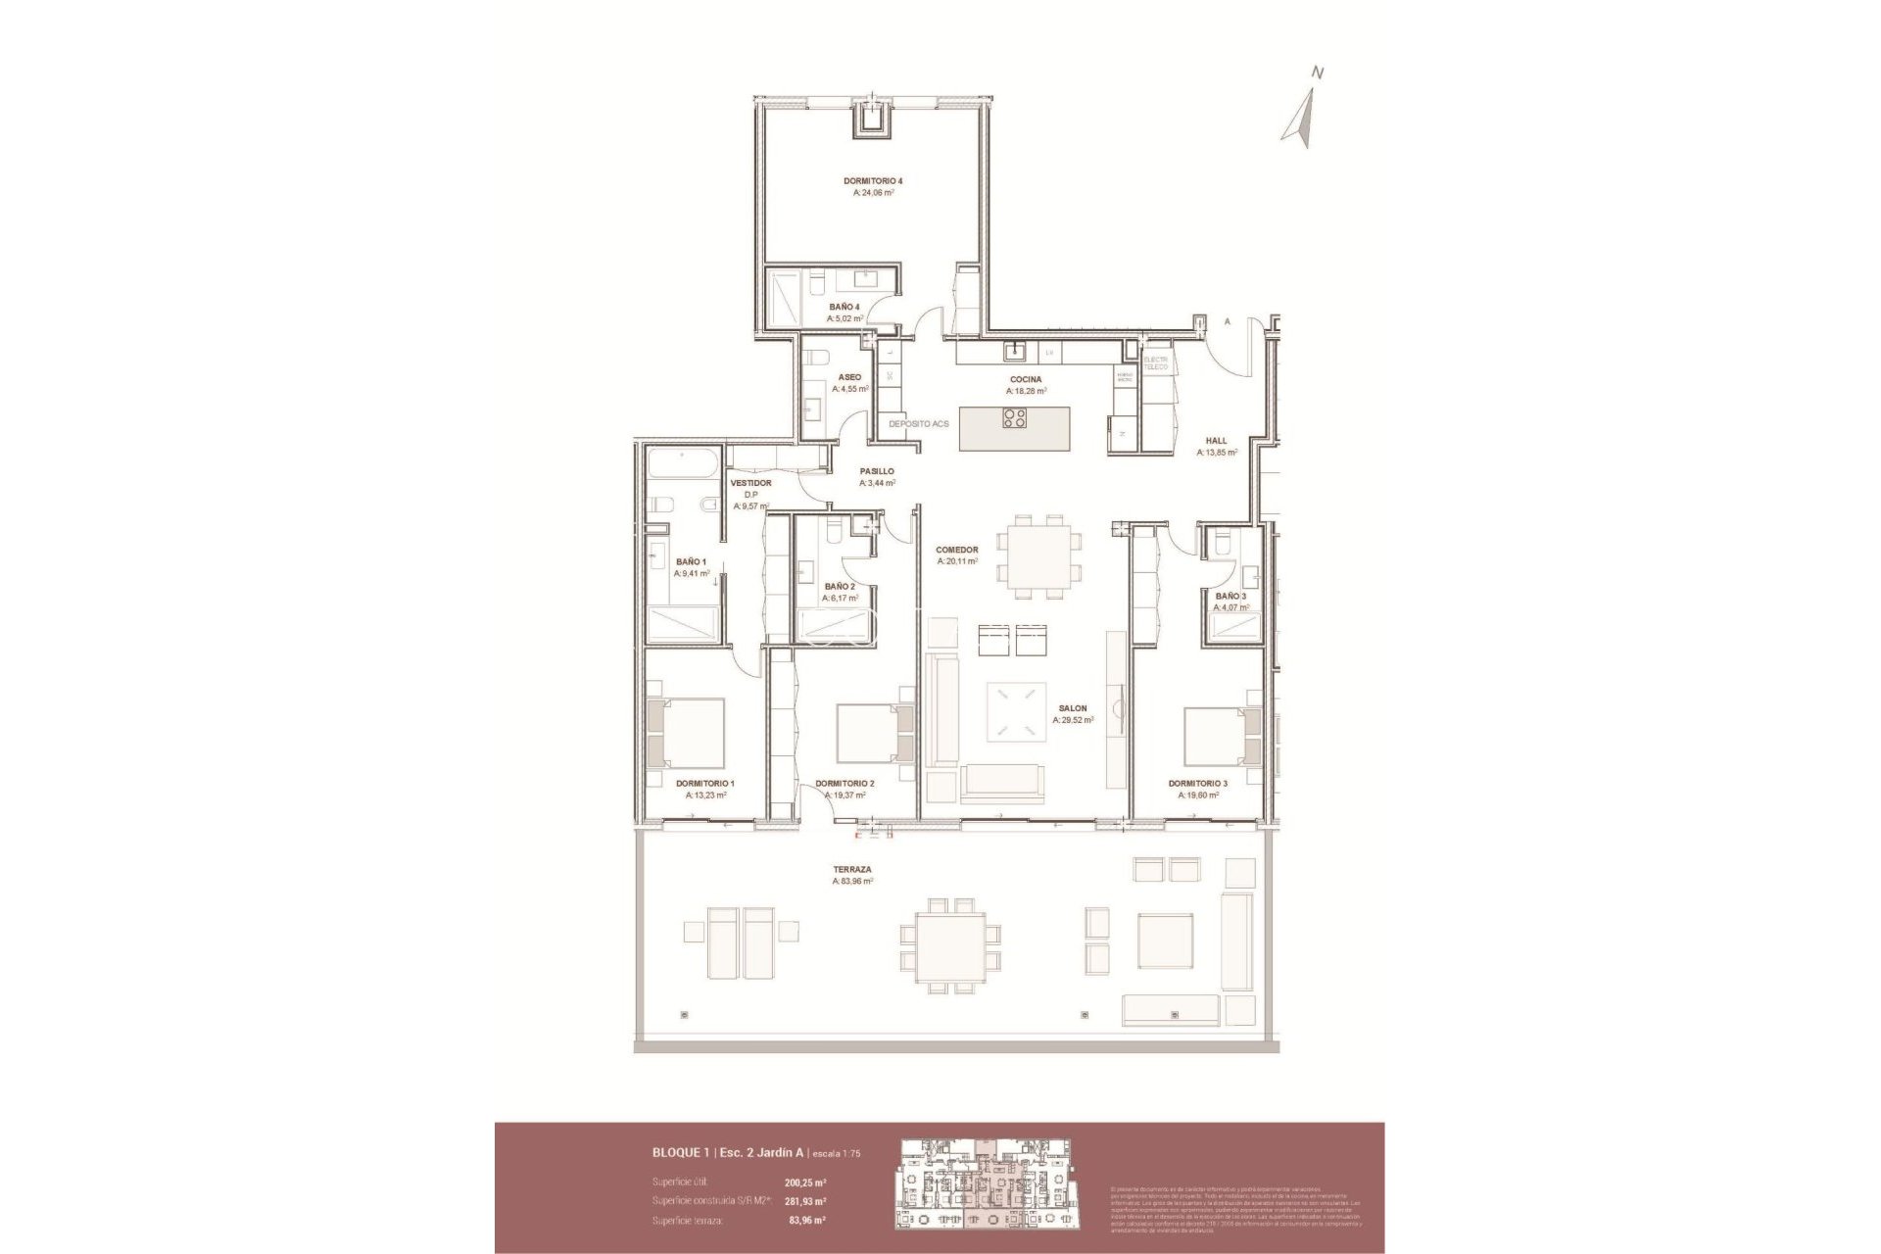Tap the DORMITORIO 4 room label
pos(872,181)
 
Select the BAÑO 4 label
pos(844,307)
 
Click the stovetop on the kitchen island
pos(1015,419)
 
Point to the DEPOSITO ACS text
pos(919,424)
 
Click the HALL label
pos(1216,441)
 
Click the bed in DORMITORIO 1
pos(687,733)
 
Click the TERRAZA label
pos(851,869)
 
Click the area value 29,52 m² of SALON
pos(1073,720)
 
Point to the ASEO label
pos(849,377)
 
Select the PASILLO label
pos(876,471)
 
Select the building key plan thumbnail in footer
pos(984,1183)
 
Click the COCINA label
pos(1026,379)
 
